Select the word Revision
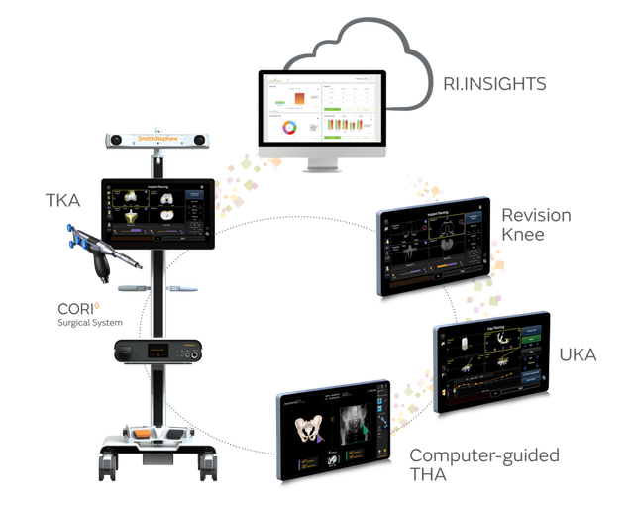[535, 214]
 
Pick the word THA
[429, 475]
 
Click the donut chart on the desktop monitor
[289, 128]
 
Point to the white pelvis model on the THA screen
[309, 429]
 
